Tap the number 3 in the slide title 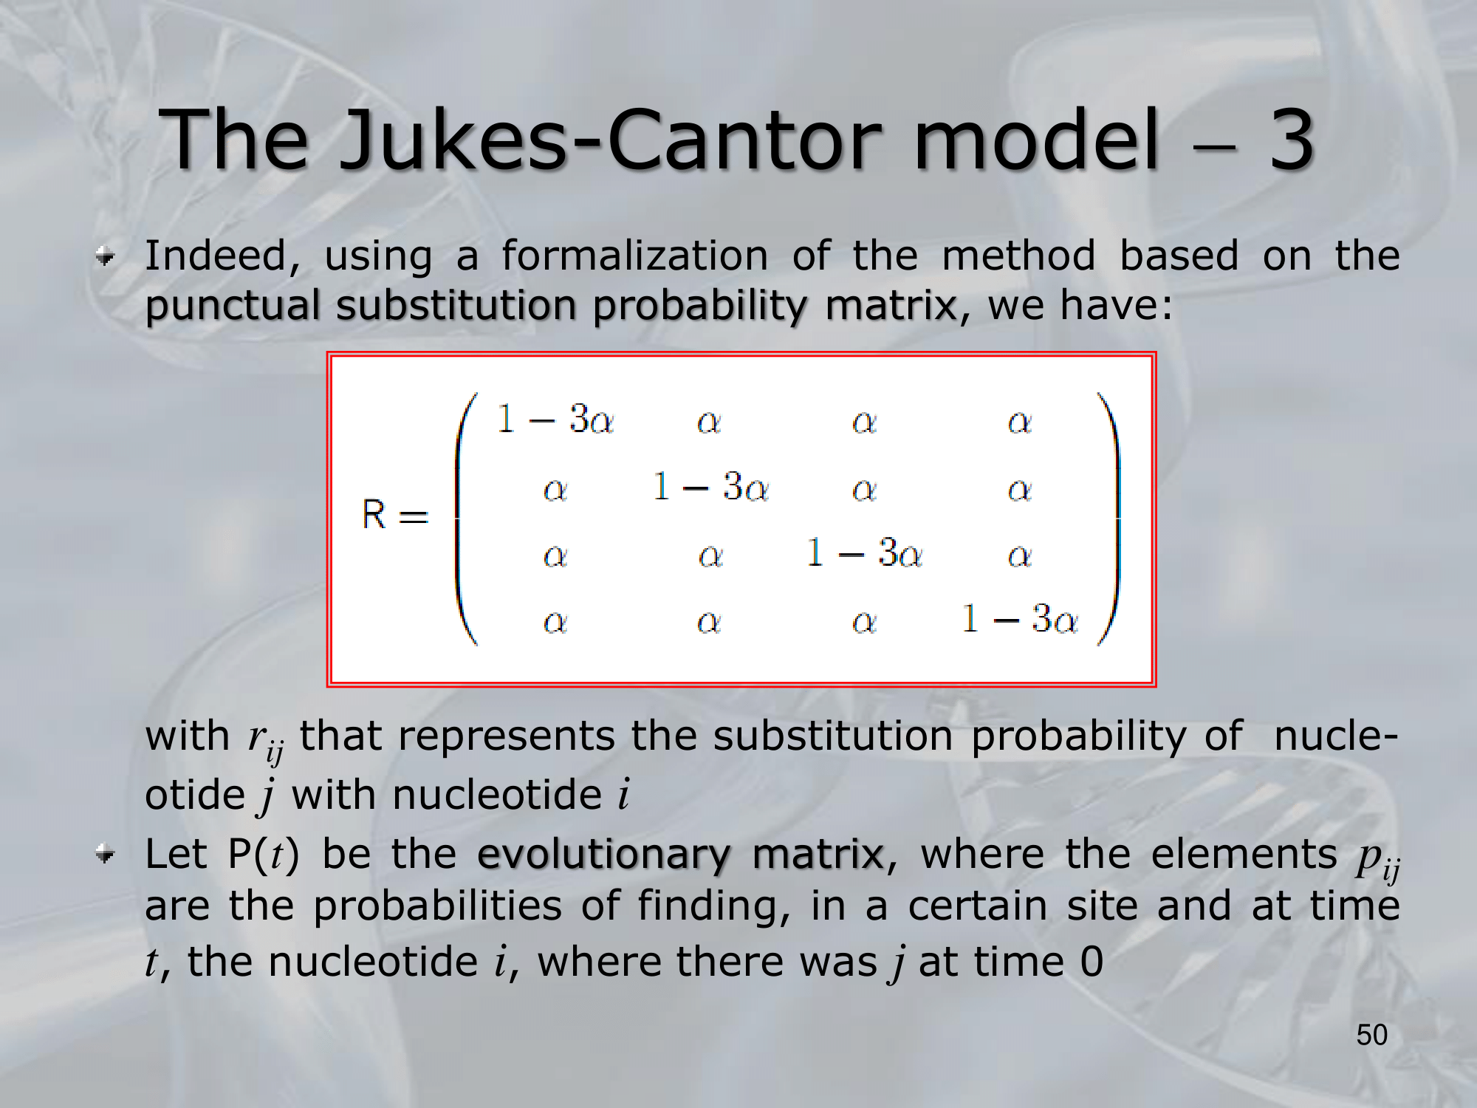(1292, 139)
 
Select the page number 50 (1371, 1035)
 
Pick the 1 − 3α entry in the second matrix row (710, 487)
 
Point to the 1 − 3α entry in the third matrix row (865, 553)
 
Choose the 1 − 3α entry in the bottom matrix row (1020, 619)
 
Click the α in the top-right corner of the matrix (1020, 422)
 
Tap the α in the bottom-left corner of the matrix (555, 622)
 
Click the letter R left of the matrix (374, 514)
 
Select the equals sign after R (414, 516)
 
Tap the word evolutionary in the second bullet (604, 856)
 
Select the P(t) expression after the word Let (264, 855)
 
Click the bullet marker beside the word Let (106, 855)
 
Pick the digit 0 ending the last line (1092, 962)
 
